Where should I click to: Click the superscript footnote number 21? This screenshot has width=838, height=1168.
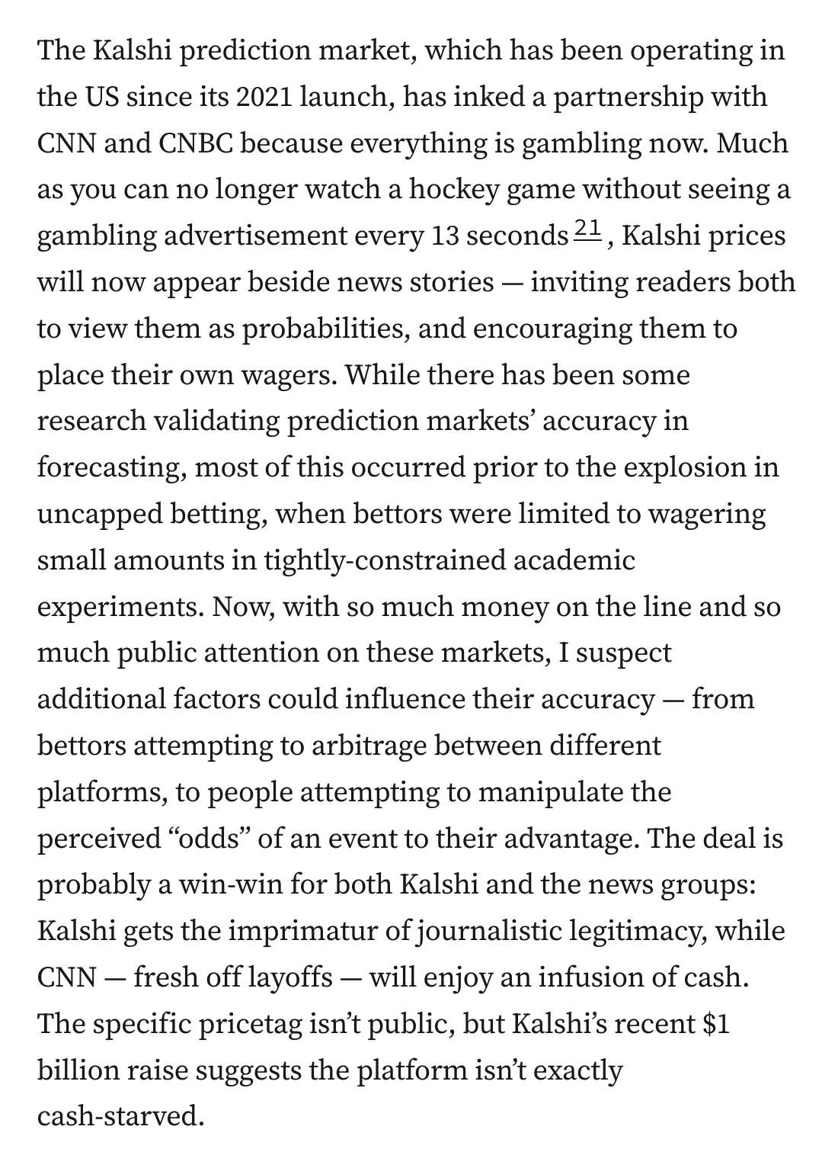(588, 228)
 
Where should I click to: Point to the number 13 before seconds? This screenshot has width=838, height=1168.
(443, 236)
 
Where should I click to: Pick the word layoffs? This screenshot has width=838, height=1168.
(287, 977)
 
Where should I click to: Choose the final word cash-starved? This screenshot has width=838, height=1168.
(121, 1116)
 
